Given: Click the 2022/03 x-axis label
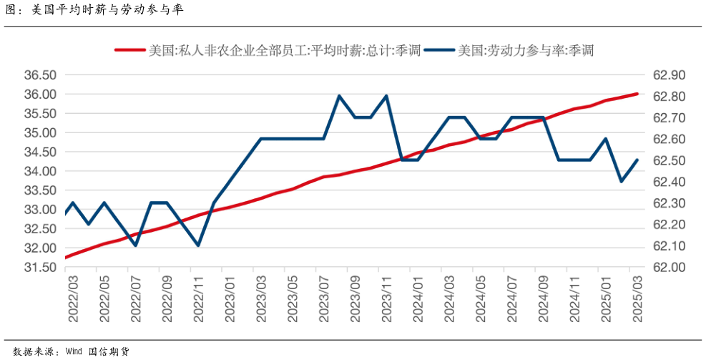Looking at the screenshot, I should [x=74, y=301].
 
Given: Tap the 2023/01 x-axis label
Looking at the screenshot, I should [x=230, y=301].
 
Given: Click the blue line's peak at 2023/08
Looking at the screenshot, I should [x=339, y=96].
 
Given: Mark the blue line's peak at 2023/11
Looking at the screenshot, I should [x=386, y=96].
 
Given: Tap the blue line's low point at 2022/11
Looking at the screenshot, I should [x=198, y=245].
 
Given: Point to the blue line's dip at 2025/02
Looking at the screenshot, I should [x=621, y=181].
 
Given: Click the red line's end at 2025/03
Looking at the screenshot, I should [x=637, y=94].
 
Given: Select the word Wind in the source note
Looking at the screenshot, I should [x=74, y=351].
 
